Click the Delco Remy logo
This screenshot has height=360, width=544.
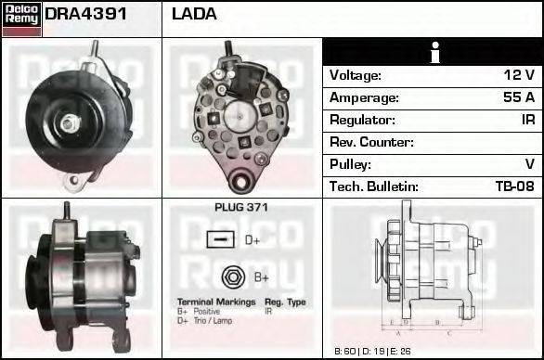click(20, 18)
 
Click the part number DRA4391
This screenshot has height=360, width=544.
click(86, 15)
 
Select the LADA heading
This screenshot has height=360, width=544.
click(195, 15)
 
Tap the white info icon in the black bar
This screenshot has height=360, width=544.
click(432, 53)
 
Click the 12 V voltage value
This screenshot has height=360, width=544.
click(517, 75)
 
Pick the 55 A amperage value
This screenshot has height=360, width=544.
click(516, 97)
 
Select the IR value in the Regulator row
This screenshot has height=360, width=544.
click(526, 120)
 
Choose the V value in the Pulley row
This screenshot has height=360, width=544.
click(529, 164)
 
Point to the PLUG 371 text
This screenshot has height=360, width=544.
click(240, 208)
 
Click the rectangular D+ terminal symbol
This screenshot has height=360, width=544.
click(220, 241)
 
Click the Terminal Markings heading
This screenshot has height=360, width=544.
click(215, 302)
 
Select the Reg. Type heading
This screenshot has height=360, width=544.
click(285, 302)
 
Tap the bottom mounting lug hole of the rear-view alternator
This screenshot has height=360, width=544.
click(243, 179)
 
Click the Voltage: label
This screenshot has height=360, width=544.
click(356, 75)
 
